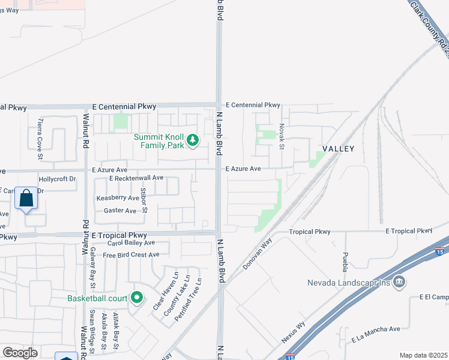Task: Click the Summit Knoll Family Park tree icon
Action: coord(193,140)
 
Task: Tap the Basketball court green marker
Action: coord(137,298)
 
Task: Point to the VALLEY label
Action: coord(339,148)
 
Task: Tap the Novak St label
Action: coord(281,137)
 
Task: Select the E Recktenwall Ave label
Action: coord(136,178)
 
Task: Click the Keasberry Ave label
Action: coord(118,197)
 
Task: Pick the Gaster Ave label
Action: coord(120,211)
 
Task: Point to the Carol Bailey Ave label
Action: coord(131,243)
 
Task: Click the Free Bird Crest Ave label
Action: coord(131,255)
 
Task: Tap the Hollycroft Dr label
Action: coord(58,179)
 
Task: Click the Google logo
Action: coord(20,353)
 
